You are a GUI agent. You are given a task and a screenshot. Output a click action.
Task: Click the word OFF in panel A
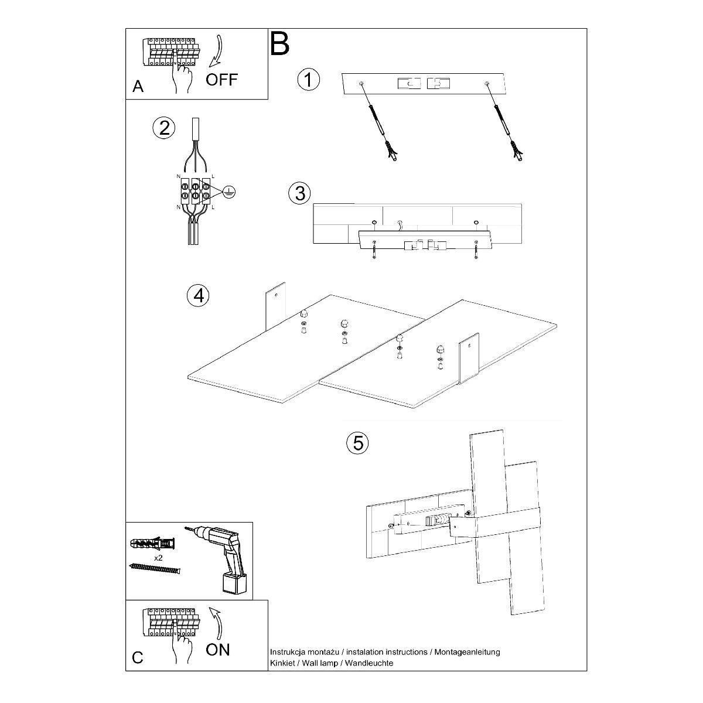[221, 80]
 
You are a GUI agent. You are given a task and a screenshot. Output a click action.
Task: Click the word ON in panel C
[218, 650]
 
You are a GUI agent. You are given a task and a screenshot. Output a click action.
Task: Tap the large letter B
[280, 44]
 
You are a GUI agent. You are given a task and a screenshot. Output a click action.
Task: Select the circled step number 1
[309, 80]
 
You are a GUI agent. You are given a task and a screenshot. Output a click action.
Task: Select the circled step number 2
[164, 128]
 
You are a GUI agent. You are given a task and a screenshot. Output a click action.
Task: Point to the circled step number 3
[299, 193]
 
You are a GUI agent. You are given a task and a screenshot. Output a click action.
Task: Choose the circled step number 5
[357, 443]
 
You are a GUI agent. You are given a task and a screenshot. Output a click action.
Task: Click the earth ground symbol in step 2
[229, 192]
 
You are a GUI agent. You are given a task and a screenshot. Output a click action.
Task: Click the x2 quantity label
[158, 558]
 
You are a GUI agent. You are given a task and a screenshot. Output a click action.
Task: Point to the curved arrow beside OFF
[217, 51]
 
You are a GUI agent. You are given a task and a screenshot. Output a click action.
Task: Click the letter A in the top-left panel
[138, 87]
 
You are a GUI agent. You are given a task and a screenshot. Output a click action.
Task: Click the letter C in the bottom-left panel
[138, 657]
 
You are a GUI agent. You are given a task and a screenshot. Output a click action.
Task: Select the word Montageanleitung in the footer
[467, 652]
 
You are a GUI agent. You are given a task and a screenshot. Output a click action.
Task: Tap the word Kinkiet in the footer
[282, 663]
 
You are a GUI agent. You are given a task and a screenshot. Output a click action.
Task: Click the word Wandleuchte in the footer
[369, 663]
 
